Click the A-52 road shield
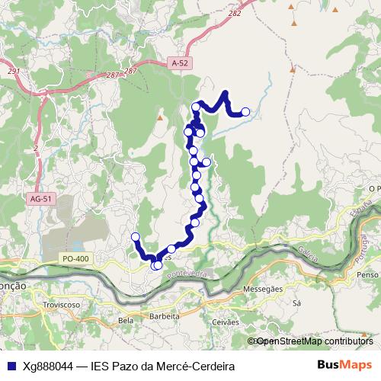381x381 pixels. click(180, 65)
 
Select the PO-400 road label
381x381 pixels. click(77, 260)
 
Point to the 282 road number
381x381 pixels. click(235, 13)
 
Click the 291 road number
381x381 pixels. click(14, 72)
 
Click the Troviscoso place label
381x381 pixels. click(62, 304)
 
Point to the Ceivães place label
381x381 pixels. click(226, 322)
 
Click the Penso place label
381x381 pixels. click(367, 274)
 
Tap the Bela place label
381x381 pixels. click(126, 321)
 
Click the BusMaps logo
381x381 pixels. click(344, 365)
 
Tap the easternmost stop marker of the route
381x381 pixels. click(245, 112)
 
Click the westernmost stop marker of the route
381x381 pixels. click(136, 236)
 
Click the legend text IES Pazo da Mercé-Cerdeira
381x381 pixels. click(162, 366)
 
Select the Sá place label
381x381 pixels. click(296, 303)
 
